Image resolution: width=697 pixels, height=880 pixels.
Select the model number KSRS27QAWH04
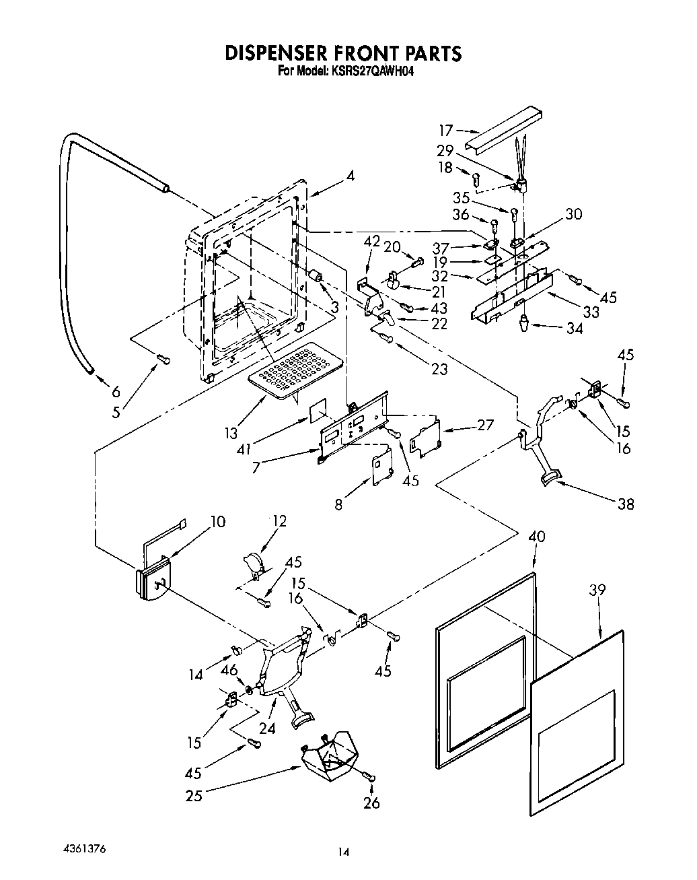[371, 70]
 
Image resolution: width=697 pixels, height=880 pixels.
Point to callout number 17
[445, 131]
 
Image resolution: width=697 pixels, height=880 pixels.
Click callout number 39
[597, 590]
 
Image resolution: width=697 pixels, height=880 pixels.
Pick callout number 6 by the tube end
[115, 391]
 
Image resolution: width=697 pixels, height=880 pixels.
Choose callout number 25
[194, 795]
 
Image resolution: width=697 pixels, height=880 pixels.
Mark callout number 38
[625, 504]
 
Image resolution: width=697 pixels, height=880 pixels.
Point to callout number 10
[217, 522]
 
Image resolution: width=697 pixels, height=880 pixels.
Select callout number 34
[574, 329]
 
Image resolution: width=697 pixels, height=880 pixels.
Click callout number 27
[484, 425]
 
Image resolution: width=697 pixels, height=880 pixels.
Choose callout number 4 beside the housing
[350, 176]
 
